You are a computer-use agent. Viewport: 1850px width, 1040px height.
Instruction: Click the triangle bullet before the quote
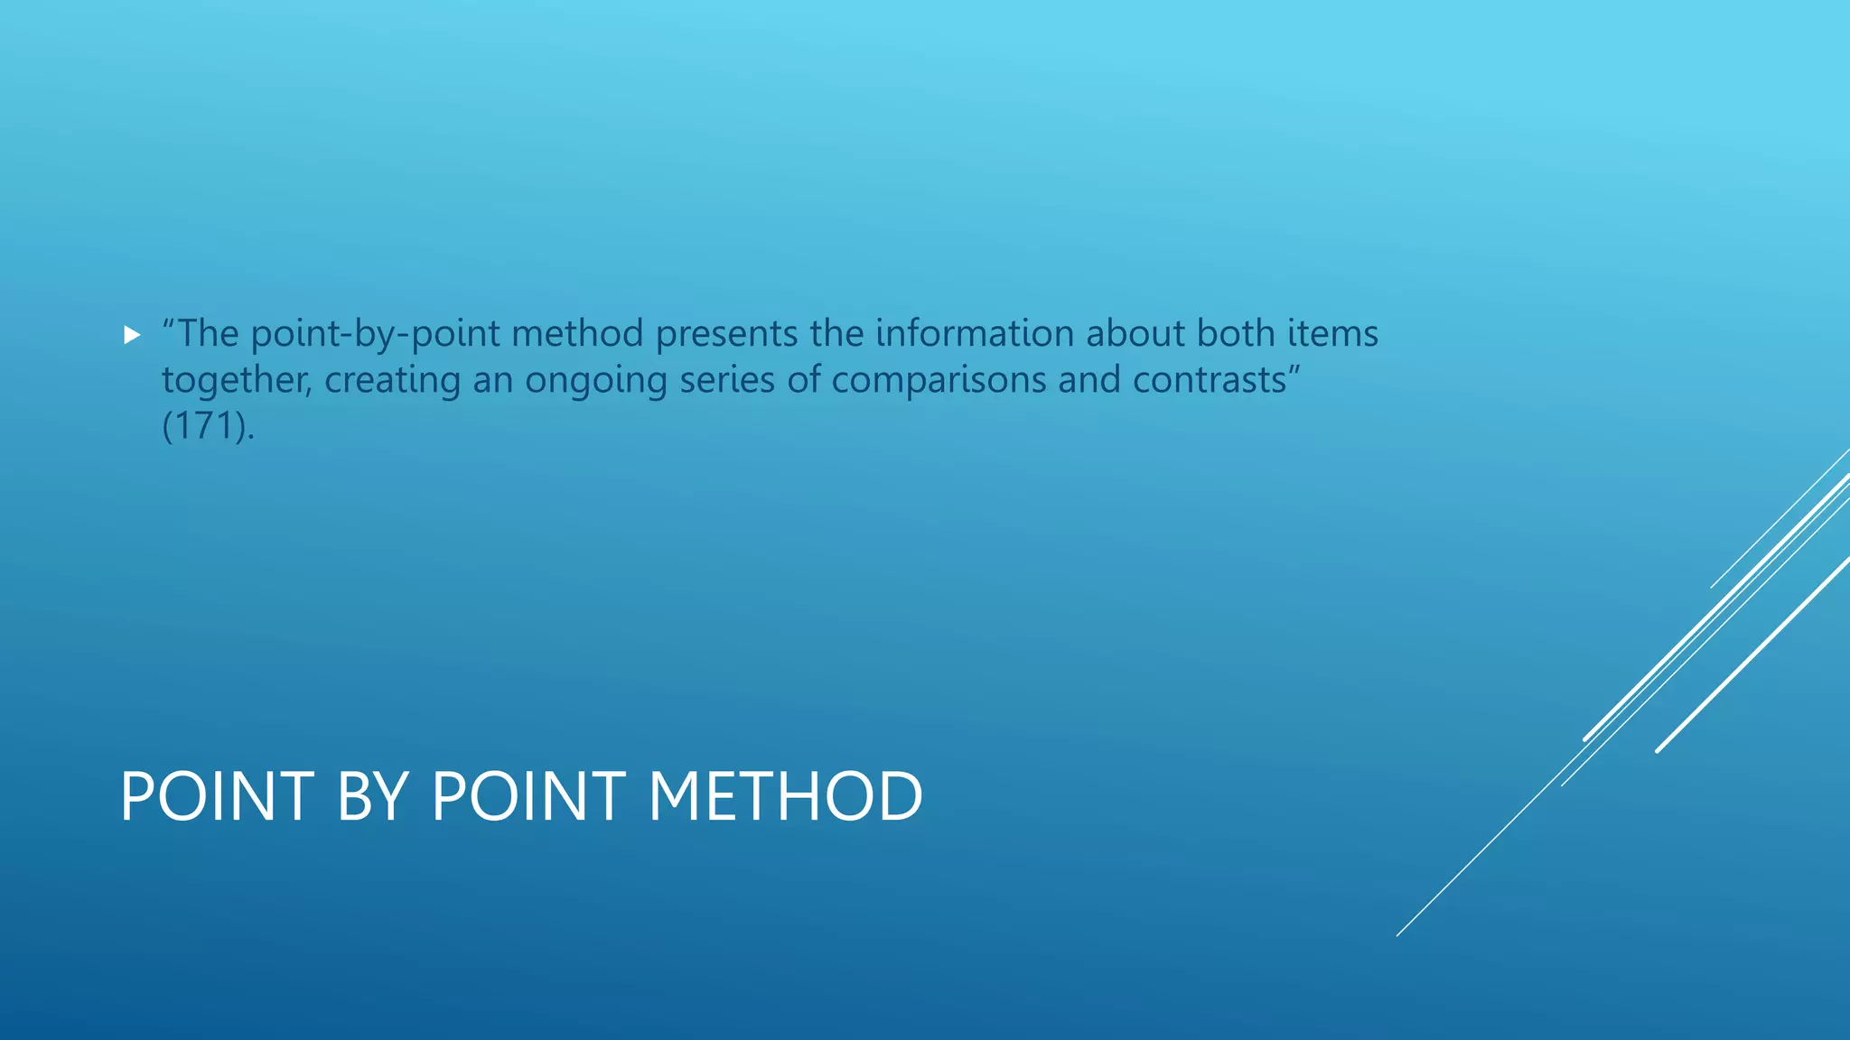(x=132, y=336)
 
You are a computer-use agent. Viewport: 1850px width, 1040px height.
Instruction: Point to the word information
(x=975, y=333)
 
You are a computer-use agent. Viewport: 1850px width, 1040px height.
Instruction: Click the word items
(x=1332, y=333)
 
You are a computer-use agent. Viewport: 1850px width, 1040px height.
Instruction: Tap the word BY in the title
(x=371, y=796)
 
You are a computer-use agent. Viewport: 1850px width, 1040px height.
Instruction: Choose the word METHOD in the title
(x=785, y=796)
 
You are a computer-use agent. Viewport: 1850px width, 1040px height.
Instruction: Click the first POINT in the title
(x=217, y=796)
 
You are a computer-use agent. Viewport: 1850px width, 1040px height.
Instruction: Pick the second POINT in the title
(x=528, y=796)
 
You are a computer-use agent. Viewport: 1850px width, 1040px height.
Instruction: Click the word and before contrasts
(x=1090, y=380)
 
